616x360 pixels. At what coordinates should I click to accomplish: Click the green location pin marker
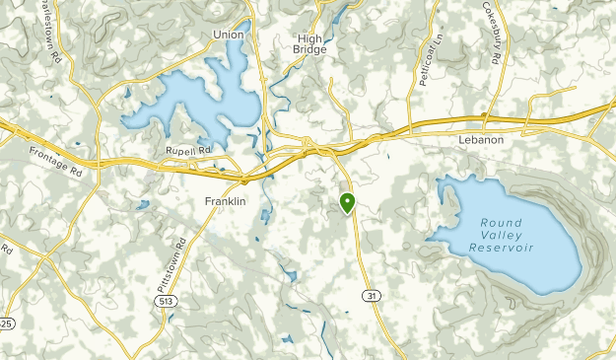coord(347,203)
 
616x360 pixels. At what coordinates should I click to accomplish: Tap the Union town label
coord(228,35)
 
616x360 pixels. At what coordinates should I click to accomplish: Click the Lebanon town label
coord(481,140)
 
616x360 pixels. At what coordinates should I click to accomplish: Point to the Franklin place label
coord(225,201)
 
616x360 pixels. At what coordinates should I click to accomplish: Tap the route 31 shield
coord(371,296)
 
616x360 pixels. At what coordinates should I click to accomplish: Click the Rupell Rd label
coord(188,151)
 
